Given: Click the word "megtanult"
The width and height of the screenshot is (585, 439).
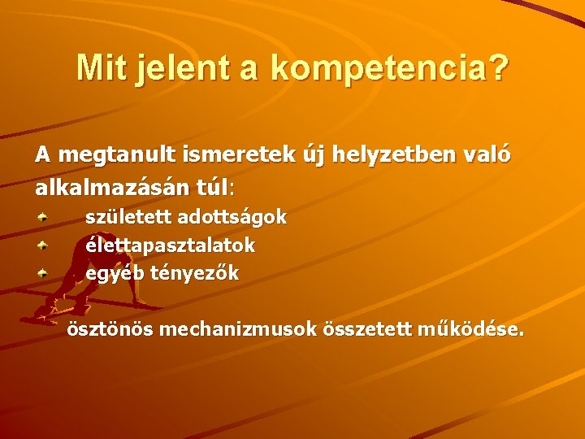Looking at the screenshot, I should click(108, 154).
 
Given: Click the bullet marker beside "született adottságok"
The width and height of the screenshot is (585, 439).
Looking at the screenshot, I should click(44, 216).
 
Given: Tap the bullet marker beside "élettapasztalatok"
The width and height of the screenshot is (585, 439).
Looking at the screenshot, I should click(44, 244).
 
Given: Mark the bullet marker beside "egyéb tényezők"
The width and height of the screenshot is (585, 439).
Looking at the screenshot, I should click(44, 272).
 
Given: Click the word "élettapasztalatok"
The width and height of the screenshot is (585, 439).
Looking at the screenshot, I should click(171, 245).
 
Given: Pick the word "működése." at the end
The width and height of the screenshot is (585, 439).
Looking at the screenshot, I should click(470, 330).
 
